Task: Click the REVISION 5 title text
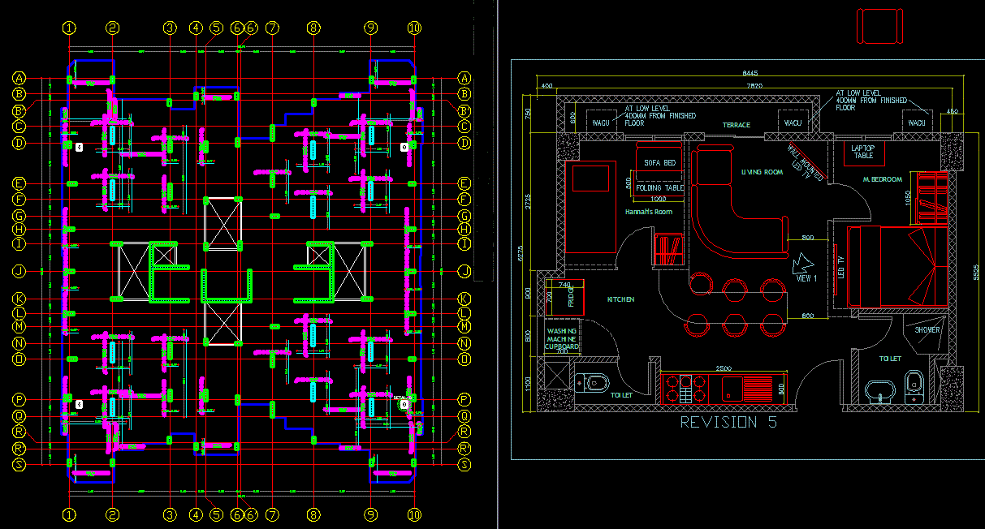(728, 423)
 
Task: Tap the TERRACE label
(737, 125)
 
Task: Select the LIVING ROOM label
(761, 172)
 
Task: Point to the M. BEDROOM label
(882, 179)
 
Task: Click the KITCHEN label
(620, 299)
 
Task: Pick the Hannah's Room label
(649, 212)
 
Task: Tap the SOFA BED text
(659, 163)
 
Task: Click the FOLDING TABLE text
(659, 188)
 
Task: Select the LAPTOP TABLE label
(862, 152)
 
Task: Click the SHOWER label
(927, 330)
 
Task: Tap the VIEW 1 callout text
(806, 278)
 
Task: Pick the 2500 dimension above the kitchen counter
(722, 368)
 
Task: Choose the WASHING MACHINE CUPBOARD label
(562, 339)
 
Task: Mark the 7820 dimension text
(754, 85)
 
